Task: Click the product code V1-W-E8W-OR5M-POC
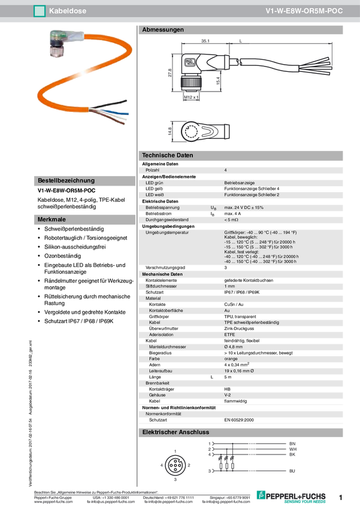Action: [304, 11]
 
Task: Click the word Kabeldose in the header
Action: [66, 11]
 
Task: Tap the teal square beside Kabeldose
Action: [40, 11]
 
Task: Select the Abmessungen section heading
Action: [163, 29]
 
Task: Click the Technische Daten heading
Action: [168, 155]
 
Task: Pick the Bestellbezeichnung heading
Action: [66, 180]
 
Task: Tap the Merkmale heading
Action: [52, 220]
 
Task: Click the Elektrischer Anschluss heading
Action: [175, 432]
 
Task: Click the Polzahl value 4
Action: [225, 171]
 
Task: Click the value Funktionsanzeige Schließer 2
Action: [252, 195]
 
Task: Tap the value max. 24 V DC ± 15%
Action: [244, 207]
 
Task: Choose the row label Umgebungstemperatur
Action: [168, 232]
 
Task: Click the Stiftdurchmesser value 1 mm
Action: [229, 287]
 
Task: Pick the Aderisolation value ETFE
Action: [229, 335]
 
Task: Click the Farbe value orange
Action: [231, 359]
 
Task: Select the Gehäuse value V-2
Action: [228, 395]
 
